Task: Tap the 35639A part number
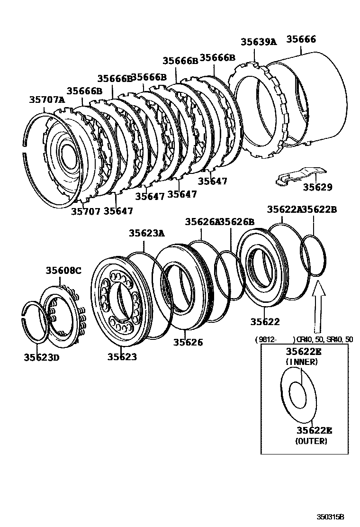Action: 258,42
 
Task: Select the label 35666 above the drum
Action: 301,40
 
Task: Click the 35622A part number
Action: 284,209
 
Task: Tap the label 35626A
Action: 202,221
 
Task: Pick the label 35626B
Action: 237,221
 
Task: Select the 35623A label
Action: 147,233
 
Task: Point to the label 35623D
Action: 42,357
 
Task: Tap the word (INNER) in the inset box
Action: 301,362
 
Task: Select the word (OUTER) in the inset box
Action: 311,441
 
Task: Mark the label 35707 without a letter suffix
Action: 86,211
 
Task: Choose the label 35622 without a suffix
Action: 265,322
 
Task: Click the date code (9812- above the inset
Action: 268,339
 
